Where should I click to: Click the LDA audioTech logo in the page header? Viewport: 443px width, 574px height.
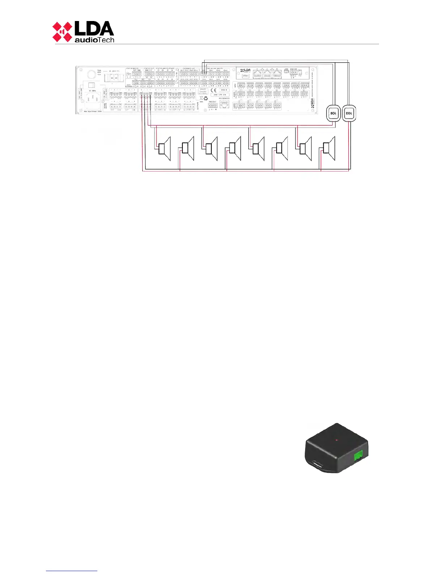pyautogui.click(x=83, y=32)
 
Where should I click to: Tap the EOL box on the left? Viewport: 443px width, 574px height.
pyautogui.click(x=333, y=113)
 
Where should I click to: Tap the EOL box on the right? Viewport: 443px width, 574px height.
pyautogui.click(x=349, y=113)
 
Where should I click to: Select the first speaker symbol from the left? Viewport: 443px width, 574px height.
pyautogui.click(x=164, y=149)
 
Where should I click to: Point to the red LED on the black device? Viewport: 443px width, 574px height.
pyautogui.click(x=337, y=440)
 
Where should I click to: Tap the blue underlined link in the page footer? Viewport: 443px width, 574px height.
pyautogui.click(x=72, y=571)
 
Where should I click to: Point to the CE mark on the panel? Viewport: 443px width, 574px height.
pyautogui.click(x=214, y=90)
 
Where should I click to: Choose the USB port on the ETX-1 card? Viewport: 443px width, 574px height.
pyautogui.click(x=286, y=72)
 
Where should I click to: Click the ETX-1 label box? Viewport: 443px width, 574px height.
pyautogui.click(x=245, y=76)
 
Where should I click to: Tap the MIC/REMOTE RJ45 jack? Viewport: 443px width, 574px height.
pyautogui.click(x=224, y=105)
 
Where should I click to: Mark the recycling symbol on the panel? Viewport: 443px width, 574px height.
pyautogui.click(x=205, y=98)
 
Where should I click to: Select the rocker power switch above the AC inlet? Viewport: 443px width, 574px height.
pyautogui.click(x=91, y=84)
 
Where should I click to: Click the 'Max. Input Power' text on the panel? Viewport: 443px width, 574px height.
pyautogui.click(x=93, y=111)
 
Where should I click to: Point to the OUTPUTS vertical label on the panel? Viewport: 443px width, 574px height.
pyautogui.click(x=198, y=105)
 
